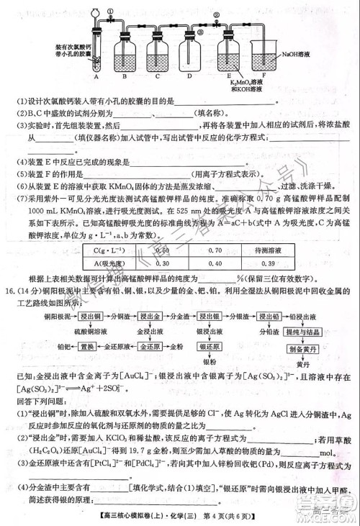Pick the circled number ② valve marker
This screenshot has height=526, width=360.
215,15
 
